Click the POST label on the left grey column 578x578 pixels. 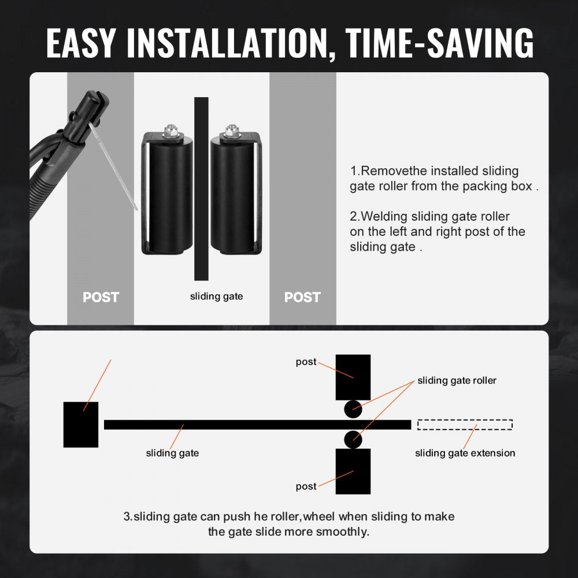[x=101, y=297]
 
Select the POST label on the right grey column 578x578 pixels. [x=302, y=297]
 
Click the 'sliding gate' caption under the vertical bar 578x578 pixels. [x=216, y=297]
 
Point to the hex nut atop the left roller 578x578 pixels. [x=170, y=131]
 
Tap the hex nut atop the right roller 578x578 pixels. [x=232, y=131]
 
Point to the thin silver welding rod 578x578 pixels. [x=113, y=166]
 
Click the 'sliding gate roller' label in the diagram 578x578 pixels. [x=457, y=380]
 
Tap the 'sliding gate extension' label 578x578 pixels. [x=465, y=453]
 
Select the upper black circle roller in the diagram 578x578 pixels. [x=353, y=409]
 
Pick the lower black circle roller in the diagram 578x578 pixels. [x=353, y=439]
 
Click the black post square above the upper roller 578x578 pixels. [x=353, y=377]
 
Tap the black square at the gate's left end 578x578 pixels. [x=81, y=425]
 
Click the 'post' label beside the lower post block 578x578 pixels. [x=306, y=487]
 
